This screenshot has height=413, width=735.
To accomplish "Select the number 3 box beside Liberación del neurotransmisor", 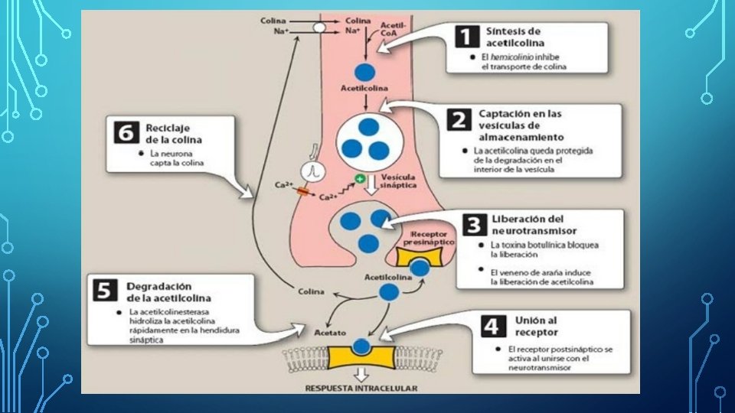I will (475, 224).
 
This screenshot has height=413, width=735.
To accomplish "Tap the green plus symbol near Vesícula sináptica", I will (358, 179).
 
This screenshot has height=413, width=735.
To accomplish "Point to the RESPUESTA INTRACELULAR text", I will (361, 388).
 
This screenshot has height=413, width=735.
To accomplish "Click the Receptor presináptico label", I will (433, 236).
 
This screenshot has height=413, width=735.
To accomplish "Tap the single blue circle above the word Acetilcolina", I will (365, 73).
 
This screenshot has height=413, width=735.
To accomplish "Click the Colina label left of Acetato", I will (310, 291).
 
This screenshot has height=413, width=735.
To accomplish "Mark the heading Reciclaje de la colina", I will (172, 133).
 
